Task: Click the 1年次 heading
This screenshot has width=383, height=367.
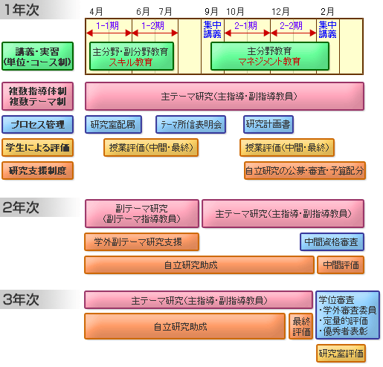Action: coord(22,10)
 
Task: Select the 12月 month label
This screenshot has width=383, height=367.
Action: coord(280,11)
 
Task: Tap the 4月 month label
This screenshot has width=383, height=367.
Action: coord(96,11)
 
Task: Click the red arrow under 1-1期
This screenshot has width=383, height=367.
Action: coord(109,33)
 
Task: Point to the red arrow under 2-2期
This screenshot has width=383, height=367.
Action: coord(294,33)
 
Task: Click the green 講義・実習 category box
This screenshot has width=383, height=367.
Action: coord(38,56)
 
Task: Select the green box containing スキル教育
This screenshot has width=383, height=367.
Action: coord(132,56)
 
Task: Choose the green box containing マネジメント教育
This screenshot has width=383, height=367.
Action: coord(270,56)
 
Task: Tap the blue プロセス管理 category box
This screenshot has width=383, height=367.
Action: coord(38,124)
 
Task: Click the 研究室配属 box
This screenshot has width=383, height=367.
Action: coord(113,124)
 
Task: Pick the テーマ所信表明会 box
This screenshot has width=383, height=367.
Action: coord(190,124)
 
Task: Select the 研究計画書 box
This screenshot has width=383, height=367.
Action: coord(268,124)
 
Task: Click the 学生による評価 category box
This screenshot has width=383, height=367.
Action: coord(38,148)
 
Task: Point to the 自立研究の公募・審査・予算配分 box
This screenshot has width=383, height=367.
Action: coord(305,171)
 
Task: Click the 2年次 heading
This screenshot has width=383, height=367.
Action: coord(22,207)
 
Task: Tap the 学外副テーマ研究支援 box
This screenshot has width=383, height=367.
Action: coord(142,242)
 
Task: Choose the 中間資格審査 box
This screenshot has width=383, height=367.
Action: coord(332,242)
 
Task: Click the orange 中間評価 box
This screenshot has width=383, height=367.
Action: coord(341,265)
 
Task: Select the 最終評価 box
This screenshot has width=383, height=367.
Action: coord(301,326)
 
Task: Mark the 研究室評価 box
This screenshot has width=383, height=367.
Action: coord(341,354)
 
